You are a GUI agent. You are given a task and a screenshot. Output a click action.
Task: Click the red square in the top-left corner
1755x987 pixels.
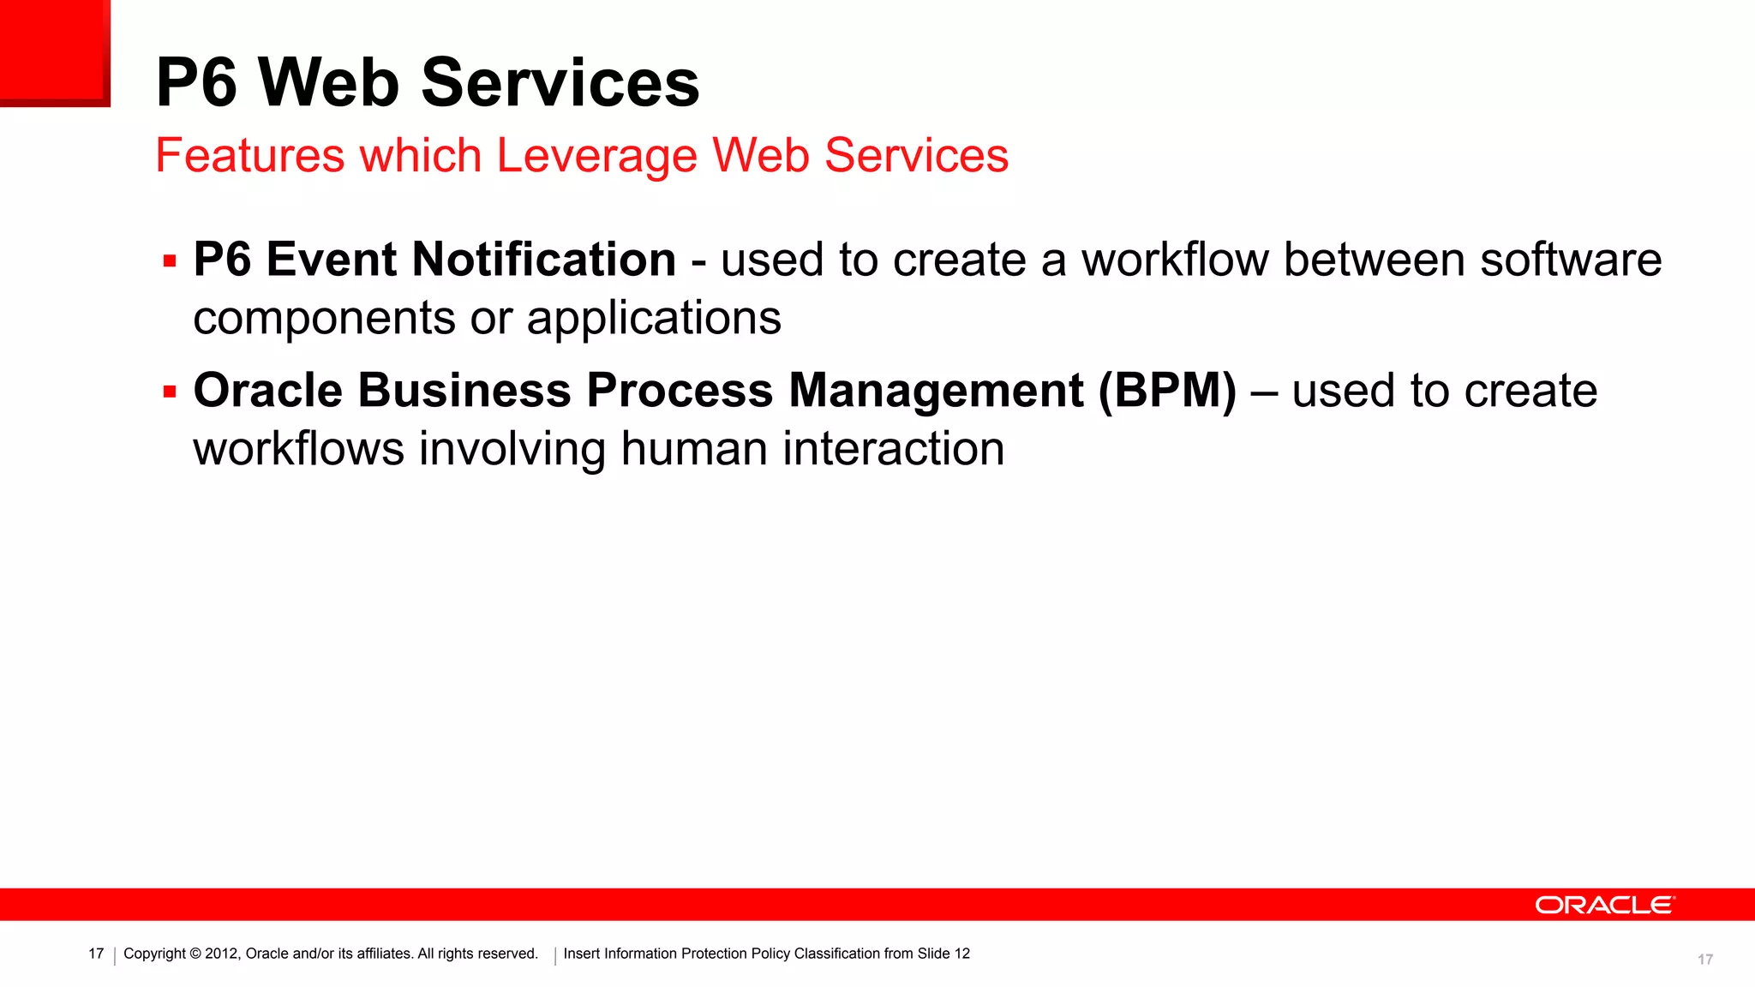point(53,51)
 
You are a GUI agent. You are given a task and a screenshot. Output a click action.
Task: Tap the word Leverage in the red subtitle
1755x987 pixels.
point(596,156)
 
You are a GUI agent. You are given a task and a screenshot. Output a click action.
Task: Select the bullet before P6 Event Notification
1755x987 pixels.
point(170,261)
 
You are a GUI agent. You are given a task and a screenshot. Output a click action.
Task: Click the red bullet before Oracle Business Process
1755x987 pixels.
point(170,392)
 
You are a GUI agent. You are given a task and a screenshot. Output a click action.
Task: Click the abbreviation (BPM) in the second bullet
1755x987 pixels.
point(1167,391)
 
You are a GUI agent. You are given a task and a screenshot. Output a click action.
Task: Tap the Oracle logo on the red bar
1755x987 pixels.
point(1603,906)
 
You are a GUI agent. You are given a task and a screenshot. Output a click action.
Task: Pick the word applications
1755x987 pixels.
point(654,319)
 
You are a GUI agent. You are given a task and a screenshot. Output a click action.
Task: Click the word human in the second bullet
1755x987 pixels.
point(693,449)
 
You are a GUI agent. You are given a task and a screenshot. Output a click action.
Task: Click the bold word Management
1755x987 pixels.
point(936,391)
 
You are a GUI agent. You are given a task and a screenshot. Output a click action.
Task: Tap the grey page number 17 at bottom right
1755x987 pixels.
point(1704,960)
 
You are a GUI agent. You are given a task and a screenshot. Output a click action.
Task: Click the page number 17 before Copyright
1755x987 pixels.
point(96,954)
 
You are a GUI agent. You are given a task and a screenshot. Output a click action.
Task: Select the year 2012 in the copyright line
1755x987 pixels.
point(221,954)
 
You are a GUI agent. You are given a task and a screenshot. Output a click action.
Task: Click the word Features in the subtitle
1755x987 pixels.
point(249,156)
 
